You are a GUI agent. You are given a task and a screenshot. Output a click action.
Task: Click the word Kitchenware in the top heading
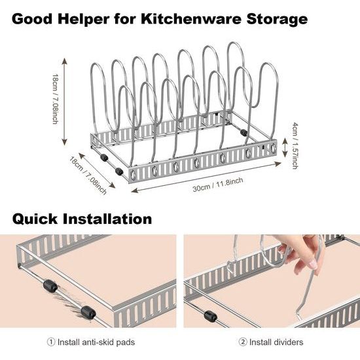coord(190,19)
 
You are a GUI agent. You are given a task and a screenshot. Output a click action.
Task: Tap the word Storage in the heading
coord(277,19)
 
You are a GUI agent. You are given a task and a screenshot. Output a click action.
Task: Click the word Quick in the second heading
coord(35,219)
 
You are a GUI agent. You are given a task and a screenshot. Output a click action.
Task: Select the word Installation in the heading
coord(107,219)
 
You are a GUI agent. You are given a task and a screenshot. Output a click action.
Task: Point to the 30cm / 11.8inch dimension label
coord(218,185)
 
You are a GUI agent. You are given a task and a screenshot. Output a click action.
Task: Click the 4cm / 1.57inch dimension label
coord(295,146)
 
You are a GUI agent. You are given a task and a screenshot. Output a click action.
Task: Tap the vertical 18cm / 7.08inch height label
coord(56,99)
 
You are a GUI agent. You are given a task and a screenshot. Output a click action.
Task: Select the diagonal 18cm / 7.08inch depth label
coord(88,175)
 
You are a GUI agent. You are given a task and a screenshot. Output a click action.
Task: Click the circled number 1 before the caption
coord(51,342)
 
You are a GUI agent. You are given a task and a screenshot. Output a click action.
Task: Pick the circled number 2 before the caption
coord(243,342)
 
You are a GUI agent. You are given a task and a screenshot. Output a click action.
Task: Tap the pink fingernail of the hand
coord(313,265)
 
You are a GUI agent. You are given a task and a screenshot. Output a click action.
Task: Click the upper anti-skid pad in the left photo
coord(50,286)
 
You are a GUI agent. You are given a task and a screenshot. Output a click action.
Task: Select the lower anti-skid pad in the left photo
coord(88,312)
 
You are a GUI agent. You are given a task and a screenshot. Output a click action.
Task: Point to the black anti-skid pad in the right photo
coord(210,316)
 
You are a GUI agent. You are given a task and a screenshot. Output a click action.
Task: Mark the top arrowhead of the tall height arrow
coord(65,61)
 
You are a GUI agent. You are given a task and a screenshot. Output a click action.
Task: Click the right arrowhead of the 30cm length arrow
coord(278,164)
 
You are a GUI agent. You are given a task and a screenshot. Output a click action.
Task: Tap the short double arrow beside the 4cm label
coord(285,147)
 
